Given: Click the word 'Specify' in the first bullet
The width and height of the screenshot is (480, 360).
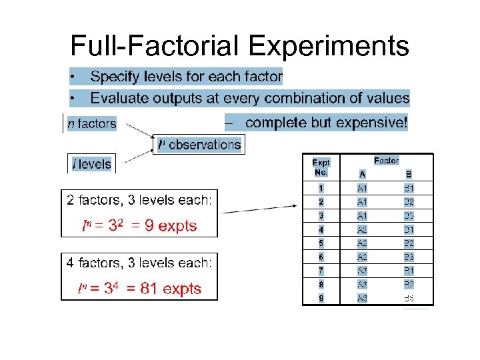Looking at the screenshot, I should click(114, 77).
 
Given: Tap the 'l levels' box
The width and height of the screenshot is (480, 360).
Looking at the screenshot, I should click(92, 164).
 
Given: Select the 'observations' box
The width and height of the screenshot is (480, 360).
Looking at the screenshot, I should click(199, 144).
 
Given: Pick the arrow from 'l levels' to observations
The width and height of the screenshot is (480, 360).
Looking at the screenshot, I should click(136, 156).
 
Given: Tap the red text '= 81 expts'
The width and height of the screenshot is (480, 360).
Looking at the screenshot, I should click(165, 289).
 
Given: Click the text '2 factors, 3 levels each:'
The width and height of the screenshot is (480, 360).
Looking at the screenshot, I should click(139, 200).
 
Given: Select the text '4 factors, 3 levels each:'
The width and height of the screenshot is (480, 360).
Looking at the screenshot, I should click(139, 263).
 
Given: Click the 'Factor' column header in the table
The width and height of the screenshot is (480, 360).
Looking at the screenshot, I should click(387, 161).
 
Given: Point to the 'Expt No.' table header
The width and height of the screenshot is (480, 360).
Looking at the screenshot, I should click(321, 167).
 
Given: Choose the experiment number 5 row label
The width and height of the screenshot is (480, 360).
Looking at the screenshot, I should click(321, 243).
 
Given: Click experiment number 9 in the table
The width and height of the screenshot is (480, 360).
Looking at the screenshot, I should click(321, 298).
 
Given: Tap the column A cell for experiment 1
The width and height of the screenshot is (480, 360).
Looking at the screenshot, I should click(362, 189).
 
